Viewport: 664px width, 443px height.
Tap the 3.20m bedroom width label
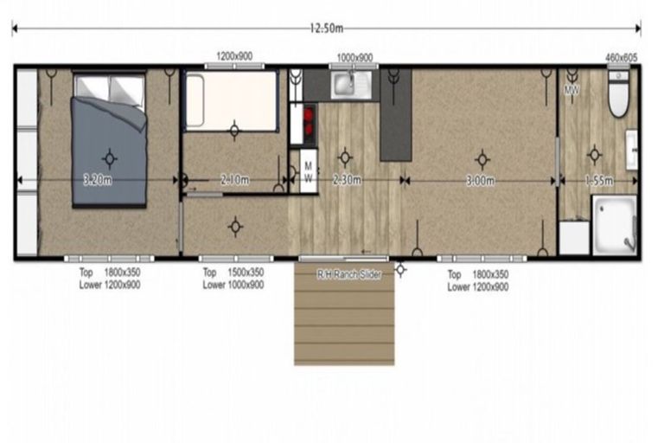coord(97,181)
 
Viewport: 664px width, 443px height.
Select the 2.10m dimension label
coord(234,181)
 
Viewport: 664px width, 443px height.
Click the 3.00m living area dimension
coord(480,181)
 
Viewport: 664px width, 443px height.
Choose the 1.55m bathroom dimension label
coord(597,181)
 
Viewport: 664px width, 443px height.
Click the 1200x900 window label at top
coord(233,56)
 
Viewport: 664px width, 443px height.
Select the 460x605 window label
coord(622,57)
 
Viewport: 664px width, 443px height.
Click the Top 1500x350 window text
coord(233,273)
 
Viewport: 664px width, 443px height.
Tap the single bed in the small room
coord(231,100)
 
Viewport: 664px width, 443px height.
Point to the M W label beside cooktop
coord(308,171)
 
